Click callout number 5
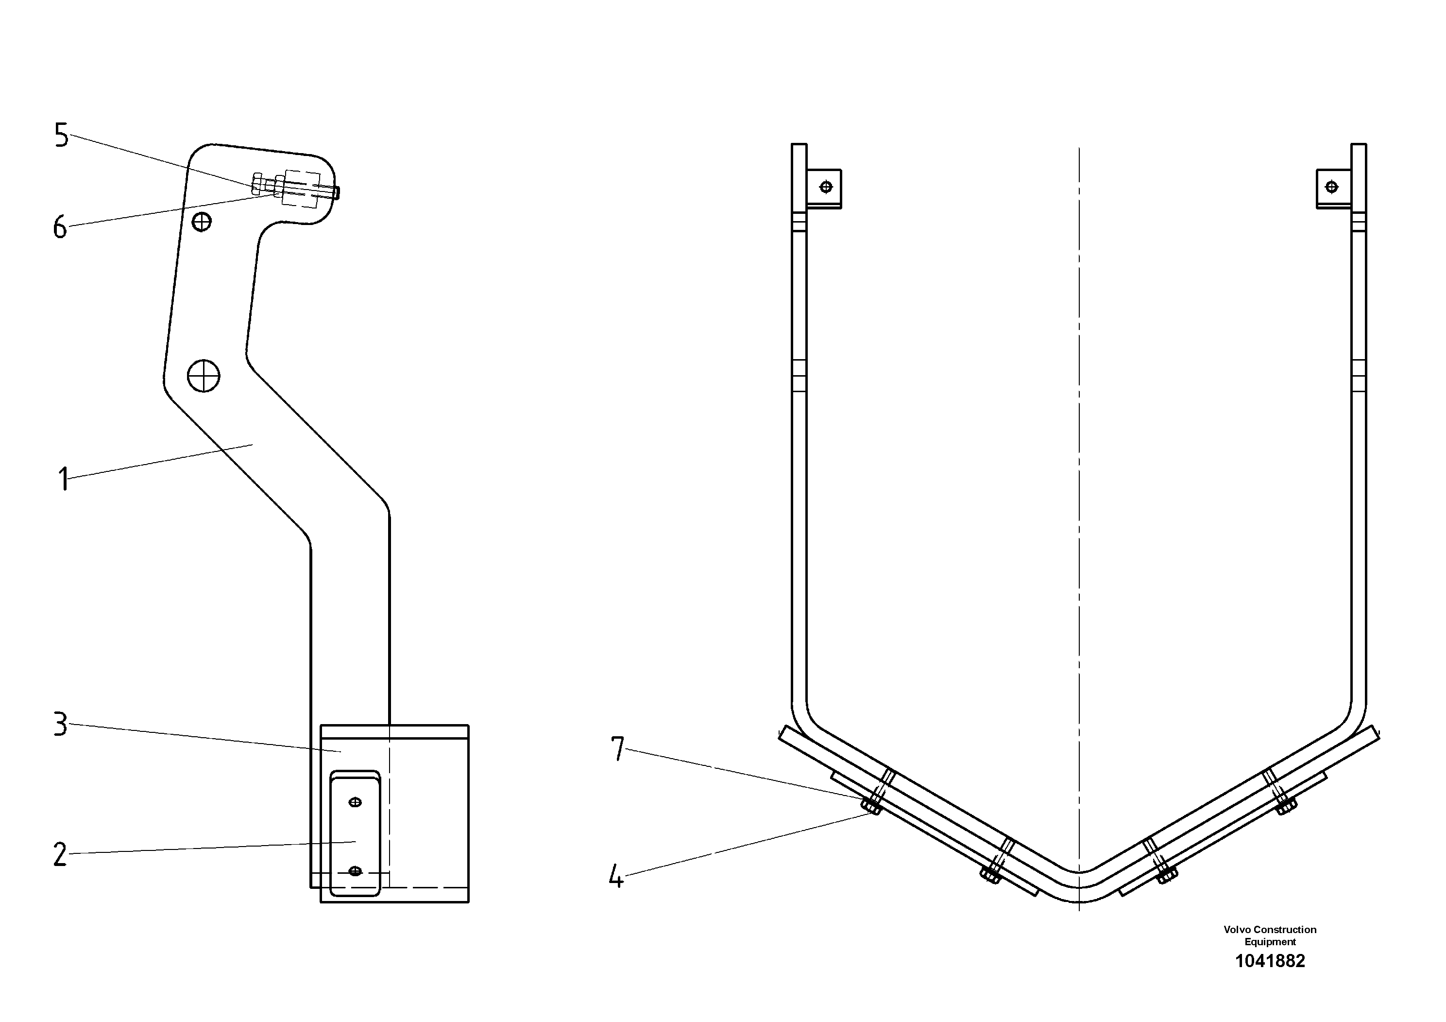[x=61, y=136]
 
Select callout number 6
[x=60, y=227]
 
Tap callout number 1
[x=63, y=479]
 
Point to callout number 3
[x=60, y=725]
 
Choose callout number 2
[x=60, y=855]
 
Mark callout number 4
[x=616, y=876]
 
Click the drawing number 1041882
[x=1270, y=961]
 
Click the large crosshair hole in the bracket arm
[x=204, y=376]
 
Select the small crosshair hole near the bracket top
[x=202, y=222]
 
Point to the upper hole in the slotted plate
[x=355, y=802]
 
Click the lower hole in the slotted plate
[x=355, y=871]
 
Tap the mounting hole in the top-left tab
[x=826, y=187]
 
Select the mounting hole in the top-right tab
[x=1331, y=187]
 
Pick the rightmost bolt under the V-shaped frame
[x=1285, y=806]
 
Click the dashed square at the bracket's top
[x=302, y=188]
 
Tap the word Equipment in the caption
[x=1270, y=942]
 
